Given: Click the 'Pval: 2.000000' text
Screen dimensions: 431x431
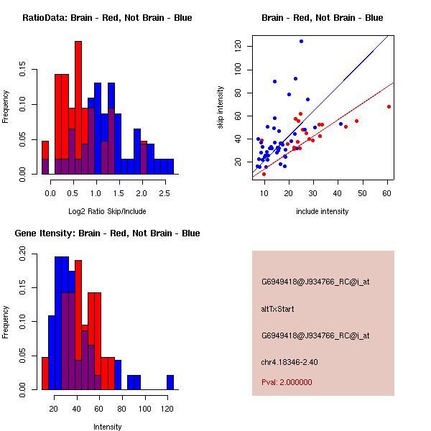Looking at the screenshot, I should [x=287, y=383].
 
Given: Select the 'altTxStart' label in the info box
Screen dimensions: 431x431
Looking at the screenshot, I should [x=277, y=309].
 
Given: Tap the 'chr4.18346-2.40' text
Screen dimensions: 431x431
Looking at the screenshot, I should [x=289, y=361].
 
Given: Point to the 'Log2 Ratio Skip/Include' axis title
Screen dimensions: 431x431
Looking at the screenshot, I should [x=107, y=210].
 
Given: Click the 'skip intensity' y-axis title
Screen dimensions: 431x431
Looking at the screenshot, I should [x=221, y=108].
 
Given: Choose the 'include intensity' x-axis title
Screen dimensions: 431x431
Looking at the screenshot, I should [x=323, y=211].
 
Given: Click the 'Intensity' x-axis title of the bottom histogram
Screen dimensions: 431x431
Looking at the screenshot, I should [x=108, y=427].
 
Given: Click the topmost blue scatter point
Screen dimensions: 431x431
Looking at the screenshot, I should [x=301, y=41].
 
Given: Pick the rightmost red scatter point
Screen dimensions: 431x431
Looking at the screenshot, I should [x=389, y=106].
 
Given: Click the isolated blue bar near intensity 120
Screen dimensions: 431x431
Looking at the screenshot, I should [x=170, y=382].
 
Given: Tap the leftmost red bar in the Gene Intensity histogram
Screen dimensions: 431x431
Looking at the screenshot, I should [x=45, y=373].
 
